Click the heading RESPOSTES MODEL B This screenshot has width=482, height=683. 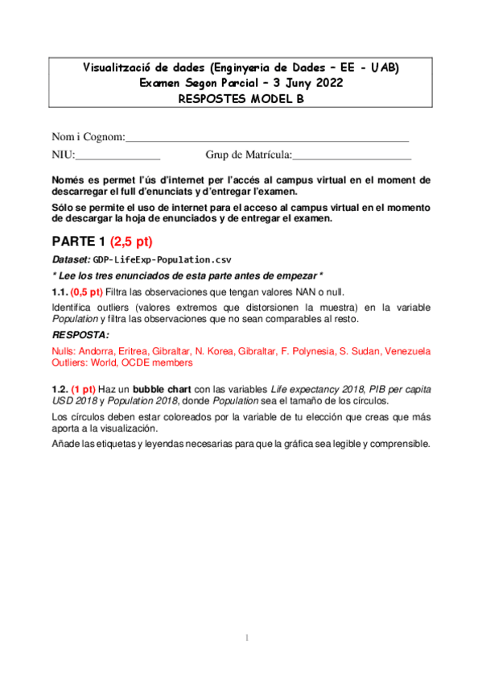pyautogui.click(x=241, y=98)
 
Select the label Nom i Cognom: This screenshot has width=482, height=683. pyautogui.click(x=89, y=136)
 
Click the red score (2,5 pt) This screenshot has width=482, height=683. pyautogui.click(x=131, y=242)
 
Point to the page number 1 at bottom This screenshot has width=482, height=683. pyautogui.click(x=248, y=639)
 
